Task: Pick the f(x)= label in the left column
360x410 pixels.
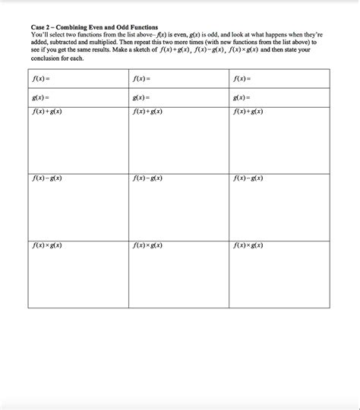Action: [x=41, y=79]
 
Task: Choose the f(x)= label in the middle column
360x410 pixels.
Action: [x=141, y=79]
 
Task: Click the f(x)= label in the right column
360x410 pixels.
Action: [x=242, y=79]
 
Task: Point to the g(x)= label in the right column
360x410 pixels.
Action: [x=242, y=98]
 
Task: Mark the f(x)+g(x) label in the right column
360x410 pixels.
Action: [x=248, y=112]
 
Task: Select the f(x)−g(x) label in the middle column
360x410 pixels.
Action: [x=147, y=178]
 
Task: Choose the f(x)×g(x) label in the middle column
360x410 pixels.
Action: [x=147, y=246]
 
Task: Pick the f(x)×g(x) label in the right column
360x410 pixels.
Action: [x=248, y=246]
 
